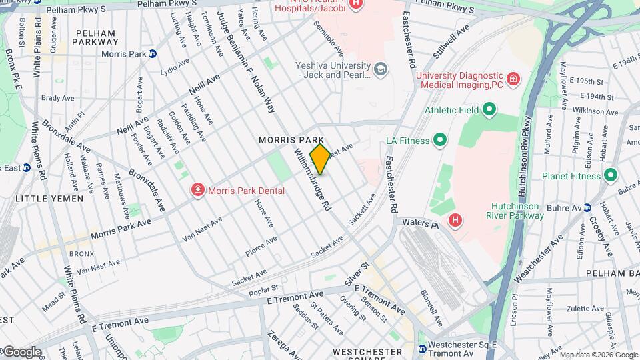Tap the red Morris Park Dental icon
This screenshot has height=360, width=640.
(197, 191)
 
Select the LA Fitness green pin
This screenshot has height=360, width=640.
(439, 140)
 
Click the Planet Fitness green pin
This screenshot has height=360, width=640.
(610, 176)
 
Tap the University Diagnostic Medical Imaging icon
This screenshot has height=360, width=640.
(513, 80)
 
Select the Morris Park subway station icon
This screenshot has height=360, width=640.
(153, 54)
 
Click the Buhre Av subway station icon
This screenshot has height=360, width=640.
(587, 207)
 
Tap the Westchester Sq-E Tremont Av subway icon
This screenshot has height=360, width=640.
(423, 349)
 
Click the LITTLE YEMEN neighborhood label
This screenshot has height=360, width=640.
(49, 199)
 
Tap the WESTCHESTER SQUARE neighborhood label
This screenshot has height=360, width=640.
(367, 351)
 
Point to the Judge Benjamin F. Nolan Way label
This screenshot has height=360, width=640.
(247, 67)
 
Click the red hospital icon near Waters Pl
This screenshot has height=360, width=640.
(455, 219)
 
